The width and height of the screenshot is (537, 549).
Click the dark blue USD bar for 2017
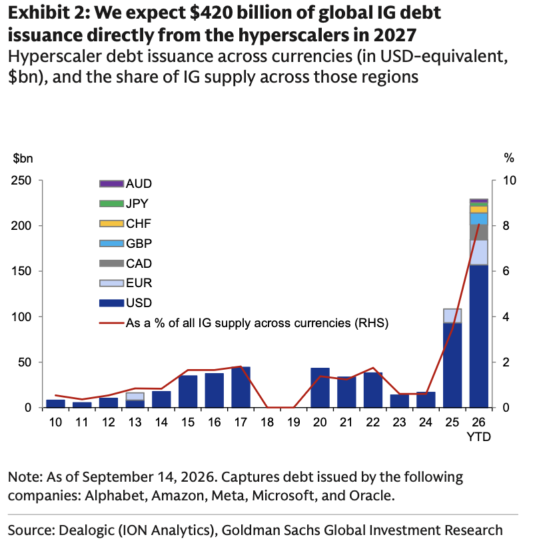point(241,387)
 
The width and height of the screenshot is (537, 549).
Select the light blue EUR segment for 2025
point(452,316)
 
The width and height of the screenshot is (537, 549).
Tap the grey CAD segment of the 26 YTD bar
point(478,232)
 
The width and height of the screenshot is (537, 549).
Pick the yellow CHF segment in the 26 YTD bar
point(478,209)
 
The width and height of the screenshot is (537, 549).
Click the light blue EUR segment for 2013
point(135,396)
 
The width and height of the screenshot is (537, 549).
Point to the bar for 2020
point(320,388)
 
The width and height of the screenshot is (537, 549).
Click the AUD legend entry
point(125,183)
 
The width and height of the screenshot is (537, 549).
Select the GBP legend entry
point(125,243)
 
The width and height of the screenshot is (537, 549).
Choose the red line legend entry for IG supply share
point(244,323)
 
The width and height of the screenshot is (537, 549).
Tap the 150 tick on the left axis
point(21,271)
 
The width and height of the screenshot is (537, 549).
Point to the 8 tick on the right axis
point(506,225)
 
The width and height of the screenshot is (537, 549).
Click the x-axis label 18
point(267,422)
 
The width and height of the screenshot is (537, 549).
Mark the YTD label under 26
point(478,437)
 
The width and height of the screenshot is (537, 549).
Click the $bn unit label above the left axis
point(23,159)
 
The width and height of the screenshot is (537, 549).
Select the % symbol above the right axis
point(509,159)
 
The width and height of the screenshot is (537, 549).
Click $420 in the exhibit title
point(212,13)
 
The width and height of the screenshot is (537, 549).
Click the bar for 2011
point(82,404)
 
